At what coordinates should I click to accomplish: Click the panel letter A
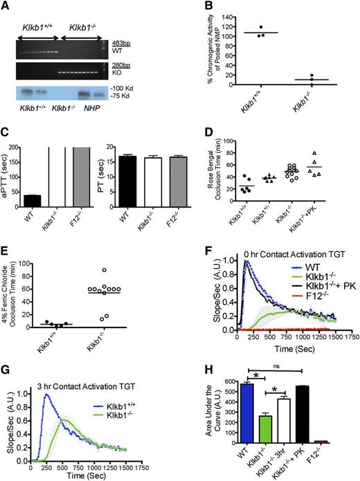point(6,6)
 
